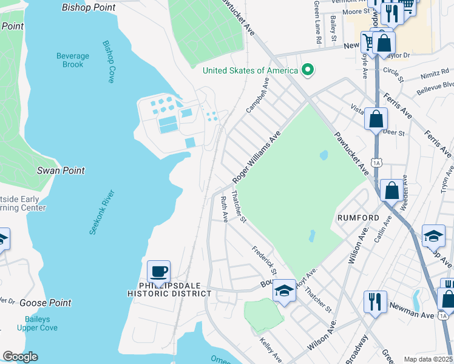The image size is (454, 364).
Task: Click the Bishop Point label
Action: (x=89, y=7)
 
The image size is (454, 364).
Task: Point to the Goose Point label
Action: (x=45, y=303)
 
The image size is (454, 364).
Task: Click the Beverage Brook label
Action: (x=73, y=60)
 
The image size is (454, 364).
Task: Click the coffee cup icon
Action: (x=159, y=272)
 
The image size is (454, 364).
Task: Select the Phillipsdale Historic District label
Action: (x=169, y=289)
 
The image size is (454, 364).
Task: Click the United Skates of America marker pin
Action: (x=308, y=70)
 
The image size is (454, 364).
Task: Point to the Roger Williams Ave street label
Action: (x=256, y=157)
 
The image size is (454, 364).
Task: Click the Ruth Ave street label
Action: (x=225, y=207)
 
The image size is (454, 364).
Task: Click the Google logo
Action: (x=20, y=357)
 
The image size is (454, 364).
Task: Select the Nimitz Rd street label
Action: (x=433, y=76)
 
